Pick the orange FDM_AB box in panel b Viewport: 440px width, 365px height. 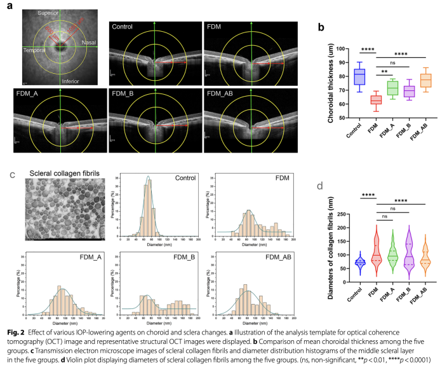point(425,81)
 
